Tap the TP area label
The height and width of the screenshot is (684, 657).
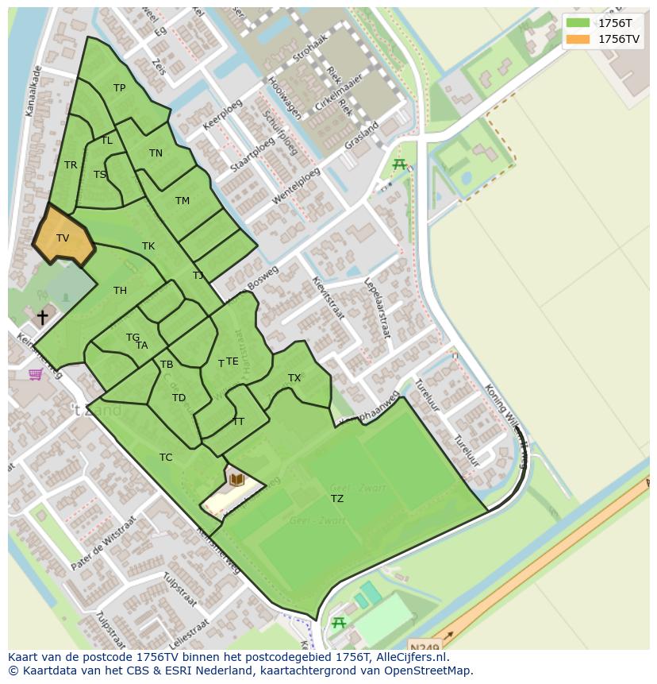tap(119, 88)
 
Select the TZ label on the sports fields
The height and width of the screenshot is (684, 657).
tap(337, 499)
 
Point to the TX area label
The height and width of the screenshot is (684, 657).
tap(294, 378)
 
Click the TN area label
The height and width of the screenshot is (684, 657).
tap(156, 153)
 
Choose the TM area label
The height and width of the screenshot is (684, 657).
tap(182, 201)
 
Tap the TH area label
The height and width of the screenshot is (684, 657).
tap(120, 291)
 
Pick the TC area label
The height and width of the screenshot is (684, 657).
tap(166, 458)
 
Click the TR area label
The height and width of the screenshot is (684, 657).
tap(71, 165)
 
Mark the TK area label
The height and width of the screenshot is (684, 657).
tap(148, 246)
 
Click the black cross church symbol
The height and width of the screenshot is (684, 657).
tap(42, 317)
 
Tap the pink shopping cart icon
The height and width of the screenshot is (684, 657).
tap(36, 373)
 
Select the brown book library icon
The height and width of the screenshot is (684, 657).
tap(236, 479)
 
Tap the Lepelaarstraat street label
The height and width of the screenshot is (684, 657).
tap(377, 308)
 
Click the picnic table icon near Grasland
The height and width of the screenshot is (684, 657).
tap(399, 164)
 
